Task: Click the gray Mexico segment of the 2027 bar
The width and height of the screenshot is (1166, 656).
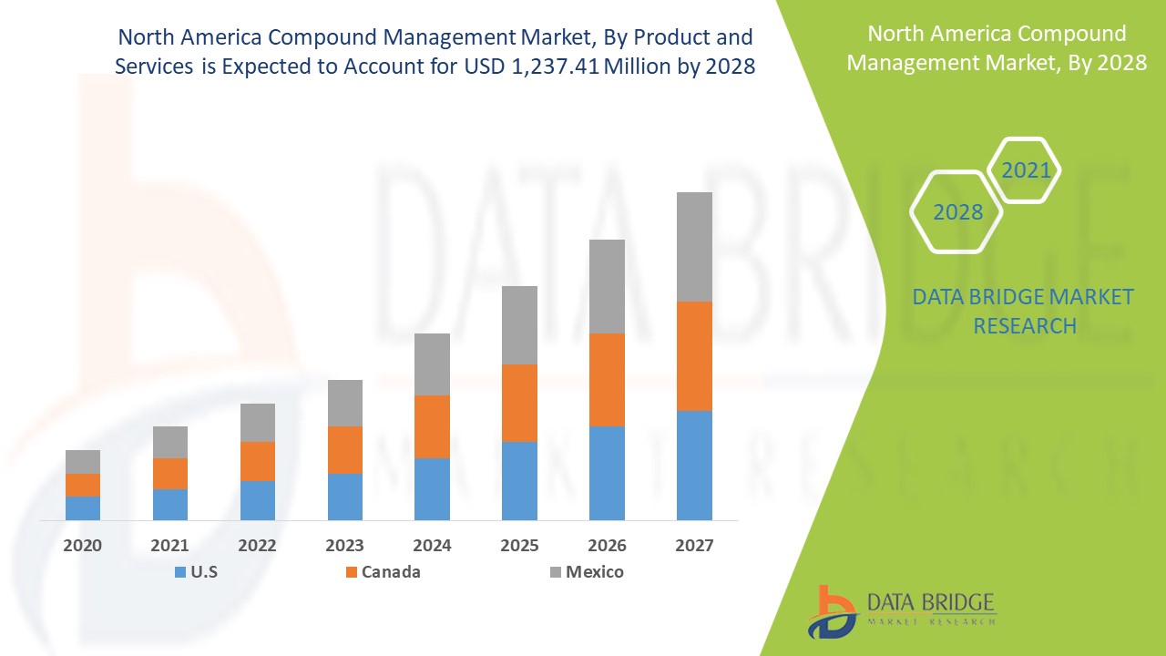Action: [694, 247]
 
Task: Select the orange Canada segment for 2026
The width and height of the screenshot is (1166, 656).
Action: [607, 380]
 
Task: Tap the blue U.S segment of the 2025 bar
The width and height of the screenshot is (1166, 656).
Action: [519, 481]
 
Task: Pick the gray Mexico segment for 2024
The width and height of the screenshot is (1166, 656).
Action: [432, 364]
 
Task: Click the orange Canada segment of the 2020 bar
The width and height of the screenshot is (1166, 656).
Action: [83, 485]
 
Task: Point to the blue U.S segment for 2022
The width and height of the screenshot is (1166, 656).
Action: [258, 500]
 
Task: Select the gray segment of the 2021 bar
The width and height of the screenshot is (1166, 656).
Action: [170, 442]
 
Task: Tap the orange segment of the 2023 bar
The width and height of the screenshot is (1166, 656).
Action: [345, 450]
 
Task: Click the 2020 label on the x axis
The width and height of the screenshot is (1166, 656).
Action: [83, 546]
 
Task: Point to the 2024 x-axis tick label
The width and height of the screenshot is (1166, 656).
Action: [432, 546]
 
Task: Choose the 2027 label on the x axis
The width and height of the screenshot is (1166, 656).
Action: [694, 546]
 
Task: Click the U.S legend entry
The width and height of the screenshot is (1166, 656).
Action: [196, 572]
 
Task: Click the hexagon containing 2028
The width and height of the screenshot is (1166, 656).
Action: [957, 212]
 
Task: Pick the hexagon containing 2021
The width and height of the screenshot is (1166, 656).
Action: [1026, 170]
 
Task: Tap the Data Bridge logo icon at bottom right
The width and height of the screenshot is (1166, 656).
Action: [833, 612]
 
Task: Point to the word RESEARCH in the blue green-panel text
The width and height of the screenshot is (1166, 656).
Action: [1025, 325]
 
